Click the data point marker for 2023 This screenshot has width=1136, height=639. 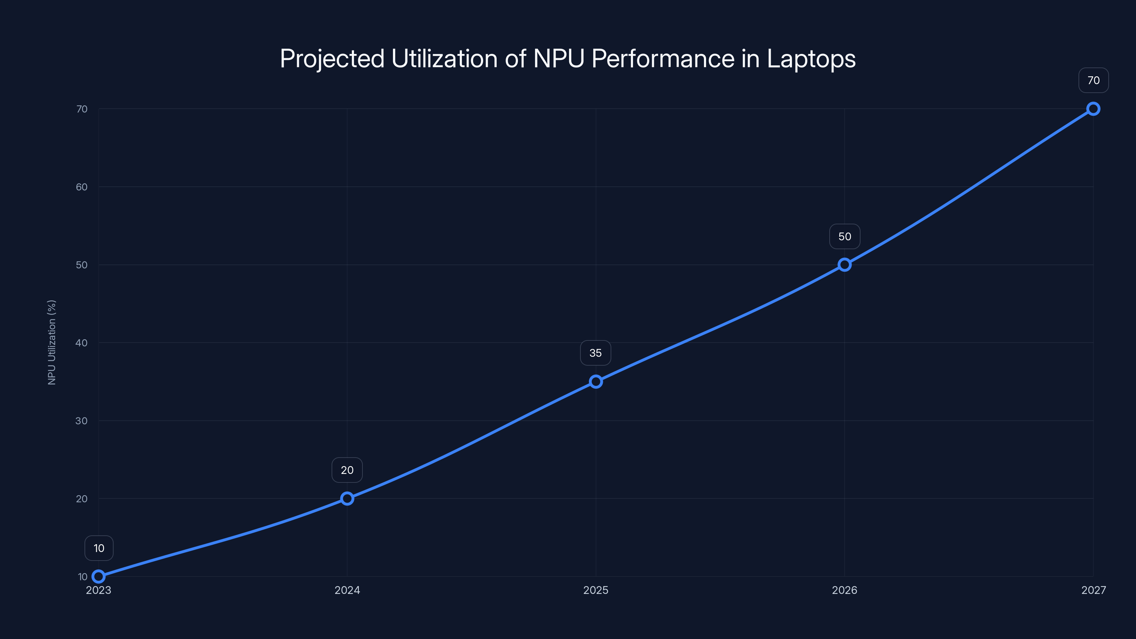coord(98,577)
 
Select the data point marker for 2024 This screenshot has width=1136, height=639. coord(347,498)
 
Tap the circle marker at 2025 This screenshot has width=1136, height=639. coord(596,382)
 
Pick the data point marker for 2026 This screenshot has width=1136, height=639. coord(845,264)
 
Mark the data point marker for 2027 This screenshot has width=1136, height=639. coord(1093,109)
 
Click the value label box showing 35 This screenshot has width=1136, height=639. coord(595,353)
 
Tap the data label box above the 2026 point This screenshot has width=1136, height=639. coord(845,236)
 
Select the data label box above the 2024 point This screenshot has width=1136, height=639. coord(347,470)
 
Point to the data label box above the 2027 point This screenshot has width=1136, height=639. coord(1093,80)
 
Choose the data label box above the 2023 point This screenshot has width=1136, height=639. coord(99,548)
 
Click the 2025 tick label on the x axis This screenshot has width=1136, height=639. coord(596,590)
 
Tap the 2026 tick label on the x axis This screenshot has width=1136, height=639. coord(845,590)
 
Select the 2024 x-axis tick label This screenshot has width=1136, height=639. coord(347,590)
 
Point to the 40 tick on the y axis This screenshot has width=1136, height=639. coord(82,343)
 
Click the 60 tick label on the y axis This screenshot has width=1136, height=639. coord(82,187)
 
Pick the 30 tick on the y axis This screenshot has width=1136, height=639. coord(82,421)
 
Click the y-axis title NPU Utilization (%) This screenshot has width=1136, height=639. coord(51,342)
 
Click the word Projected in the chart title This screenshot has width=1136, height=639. coord(332,59)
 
